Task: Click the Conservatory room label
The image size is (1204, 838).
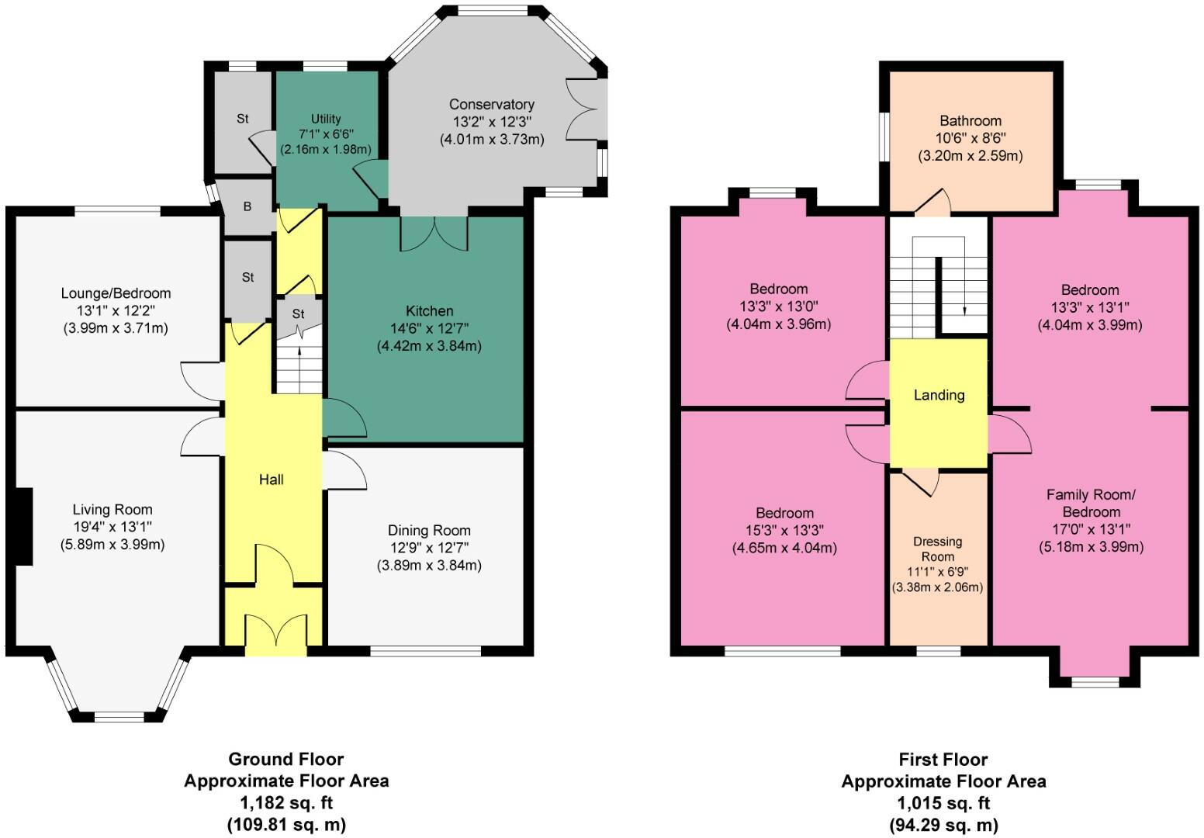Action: point(492,105)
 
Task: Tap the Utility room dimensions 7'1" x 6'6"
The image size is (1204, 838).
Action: point(326,134)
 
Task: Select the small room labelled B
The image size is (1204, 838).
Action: point(247,207)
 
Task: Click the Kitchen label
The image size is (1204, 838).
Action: point(429,311)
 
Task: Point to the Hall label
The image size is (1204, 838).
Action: point(272,480)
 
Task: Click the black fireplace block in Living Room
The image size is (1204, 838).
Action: point(23,527)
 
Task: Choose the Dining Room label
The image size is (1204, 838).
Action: point(429,531)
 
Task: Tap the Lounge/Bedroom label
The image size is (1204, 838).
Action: point(116,293)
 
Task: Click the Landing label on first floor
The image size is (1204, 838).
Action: point(939,395)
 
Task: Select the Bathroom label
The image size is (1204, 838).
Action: point(970,121)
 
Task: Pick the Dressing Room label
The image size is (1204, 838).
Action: point(937,549)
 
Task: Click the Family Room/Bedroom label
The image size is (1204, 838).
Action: point(1091,503)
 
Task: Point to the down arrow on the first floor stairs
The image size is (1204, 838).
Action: point(964,308)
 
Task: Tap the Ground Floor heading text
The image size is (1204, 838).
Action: point(285,759)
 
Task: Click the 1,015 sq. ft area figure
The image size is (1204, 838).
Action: point(943,803)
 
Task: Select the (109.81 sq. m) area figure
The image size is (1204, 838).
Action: point(285,824)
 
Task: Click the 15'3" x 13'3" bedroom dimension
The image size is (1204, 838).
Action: point(785,531)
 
